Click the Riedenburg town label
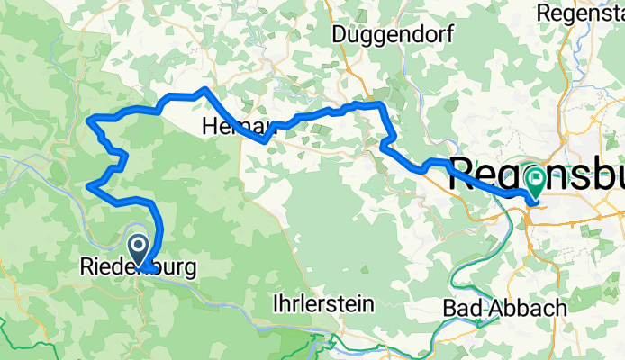click(137, 267)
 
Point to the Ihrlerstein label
click(323, 304)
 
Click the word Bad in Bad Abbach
click(462, 308)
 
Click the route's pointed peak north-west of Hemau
click(204, 89)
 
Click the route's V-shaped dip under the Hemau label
click(264, 139)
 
